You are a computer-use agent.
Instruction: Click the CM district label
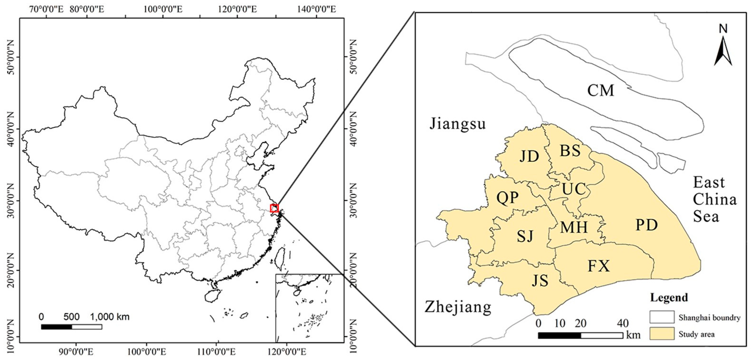pos(601,90)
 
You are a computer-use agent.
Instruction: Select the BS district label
pos(570,151)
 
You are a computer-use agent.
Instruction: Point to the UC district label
pos(574,189)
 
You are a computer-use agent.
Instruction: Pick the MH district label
pos(574,227)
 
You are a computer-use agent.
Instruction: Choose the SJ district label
pos(525,236)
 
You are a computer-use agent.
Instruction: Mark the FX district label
pos(599,266)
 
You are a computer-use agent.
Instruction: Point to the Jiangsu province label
pos(457,124)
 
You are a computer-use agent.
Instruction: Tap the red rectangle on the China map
pos(274,208)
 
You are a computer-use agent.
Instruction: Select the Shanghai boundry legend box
pos(662,317)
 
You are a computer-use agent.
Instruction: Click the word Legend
pos(669,298)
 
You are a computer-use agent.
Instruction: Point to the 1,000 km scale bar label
pos(110,317)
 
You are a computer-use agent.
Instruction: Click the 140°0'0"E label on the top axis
pos(317,9)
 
